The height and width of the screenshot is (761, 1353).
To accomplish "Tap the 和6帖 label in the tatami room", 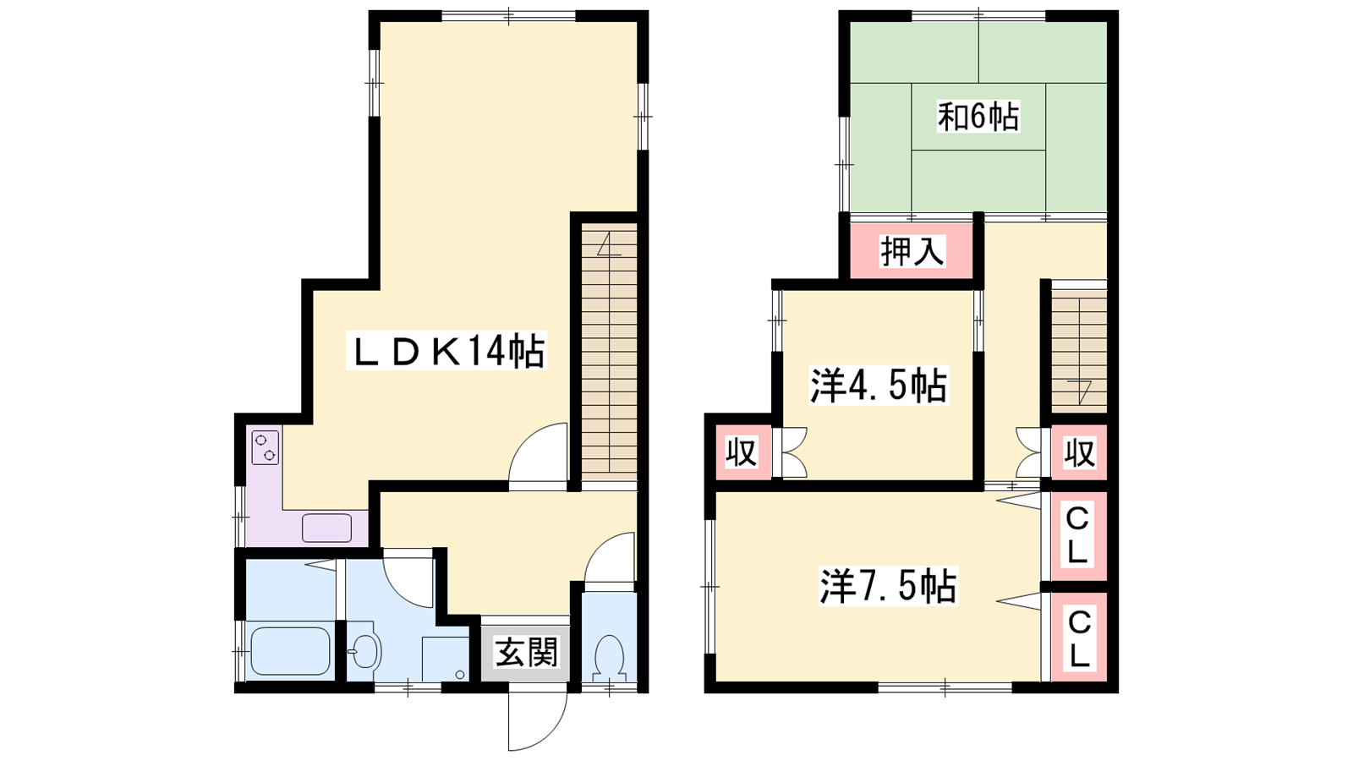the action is [978, 117].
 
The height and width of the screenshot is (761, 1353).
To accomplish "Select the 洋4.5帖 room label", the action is [878, 386].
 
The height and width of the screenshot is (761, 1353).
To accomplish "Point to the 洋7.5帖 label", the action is [887, 586].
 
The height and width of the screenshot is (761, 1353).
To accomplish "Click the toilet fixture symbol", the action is [610, 658].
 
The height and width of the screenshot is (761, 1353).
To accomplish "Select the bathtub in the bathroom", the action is [290, 651].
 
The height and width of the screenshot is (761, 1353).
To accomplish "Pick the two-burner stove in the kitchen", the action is [266, 447].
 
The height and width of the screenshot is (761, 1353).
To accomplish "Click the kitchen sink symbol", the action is [326, 528].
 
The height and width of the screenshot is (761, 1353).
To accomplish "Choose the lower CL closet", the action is [1078, 638].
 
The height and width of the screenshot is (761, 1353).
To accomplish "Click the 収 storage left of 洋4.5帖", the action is [742, 452].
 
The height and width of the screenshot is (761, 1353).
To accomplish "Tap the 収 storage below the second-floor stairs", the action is [1079, 452].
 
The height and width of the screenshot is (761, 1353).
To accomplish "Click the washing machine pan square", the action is [445, 659].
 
